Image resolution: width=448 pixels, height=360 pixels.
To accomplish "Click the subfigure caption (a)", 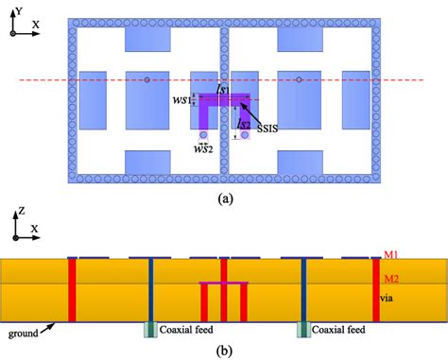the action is [x=223, y=197].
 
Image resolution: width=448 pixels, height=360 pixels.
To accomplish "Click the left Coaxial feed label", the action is [x=184, y=329].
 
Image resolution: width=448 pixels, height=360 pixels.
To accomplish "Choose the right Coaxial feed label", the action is [x=341, y=329].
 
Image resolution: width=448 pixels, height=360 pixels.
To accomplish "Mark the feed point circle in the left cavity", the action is [x=146, y=80].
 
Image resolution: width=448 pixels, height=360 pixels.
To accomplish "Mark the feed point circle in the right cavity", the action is [x=298, y=80].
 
